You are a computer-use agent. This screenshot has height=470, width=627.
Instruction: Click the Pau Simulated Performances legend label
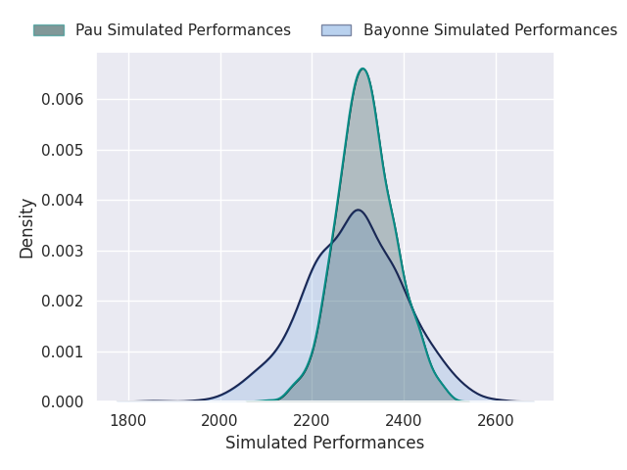(182, 30)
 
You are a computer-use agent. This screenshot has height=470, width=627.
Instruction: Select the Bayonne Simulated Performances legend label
(490, 30)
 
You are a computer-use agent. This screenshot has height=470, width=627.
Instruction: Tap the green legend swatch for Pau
(48, 30)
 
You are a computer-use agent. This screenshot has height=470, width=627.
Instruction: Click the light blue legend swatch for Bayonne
(336, 30)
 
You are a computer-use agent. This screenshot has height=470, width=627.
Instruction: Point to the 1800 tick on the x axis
(128, 421)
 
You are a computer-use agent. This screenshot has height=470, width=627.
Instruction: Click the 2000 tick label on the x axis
(220, 421)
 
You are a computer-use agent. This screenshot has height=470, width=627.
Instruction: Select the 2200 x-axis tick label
(312, 421)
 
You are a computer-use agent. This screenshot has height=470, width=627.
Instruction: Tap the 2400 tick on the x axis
(404, 421)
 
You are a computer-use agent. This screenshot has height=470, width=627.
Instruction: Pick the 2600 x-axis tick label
(496, 421)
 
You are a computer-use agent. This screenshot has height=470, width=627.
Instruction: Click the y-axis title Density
(27, 227)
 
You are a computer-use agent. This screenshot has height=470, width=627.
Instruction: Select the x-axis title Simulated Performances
(324, 444)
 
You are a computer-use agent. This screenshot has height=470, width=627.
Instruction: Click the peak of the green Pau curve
(362, 69)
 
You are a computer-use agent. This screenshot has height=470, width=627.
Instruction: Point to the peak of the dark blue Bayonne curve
(358, 210)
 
